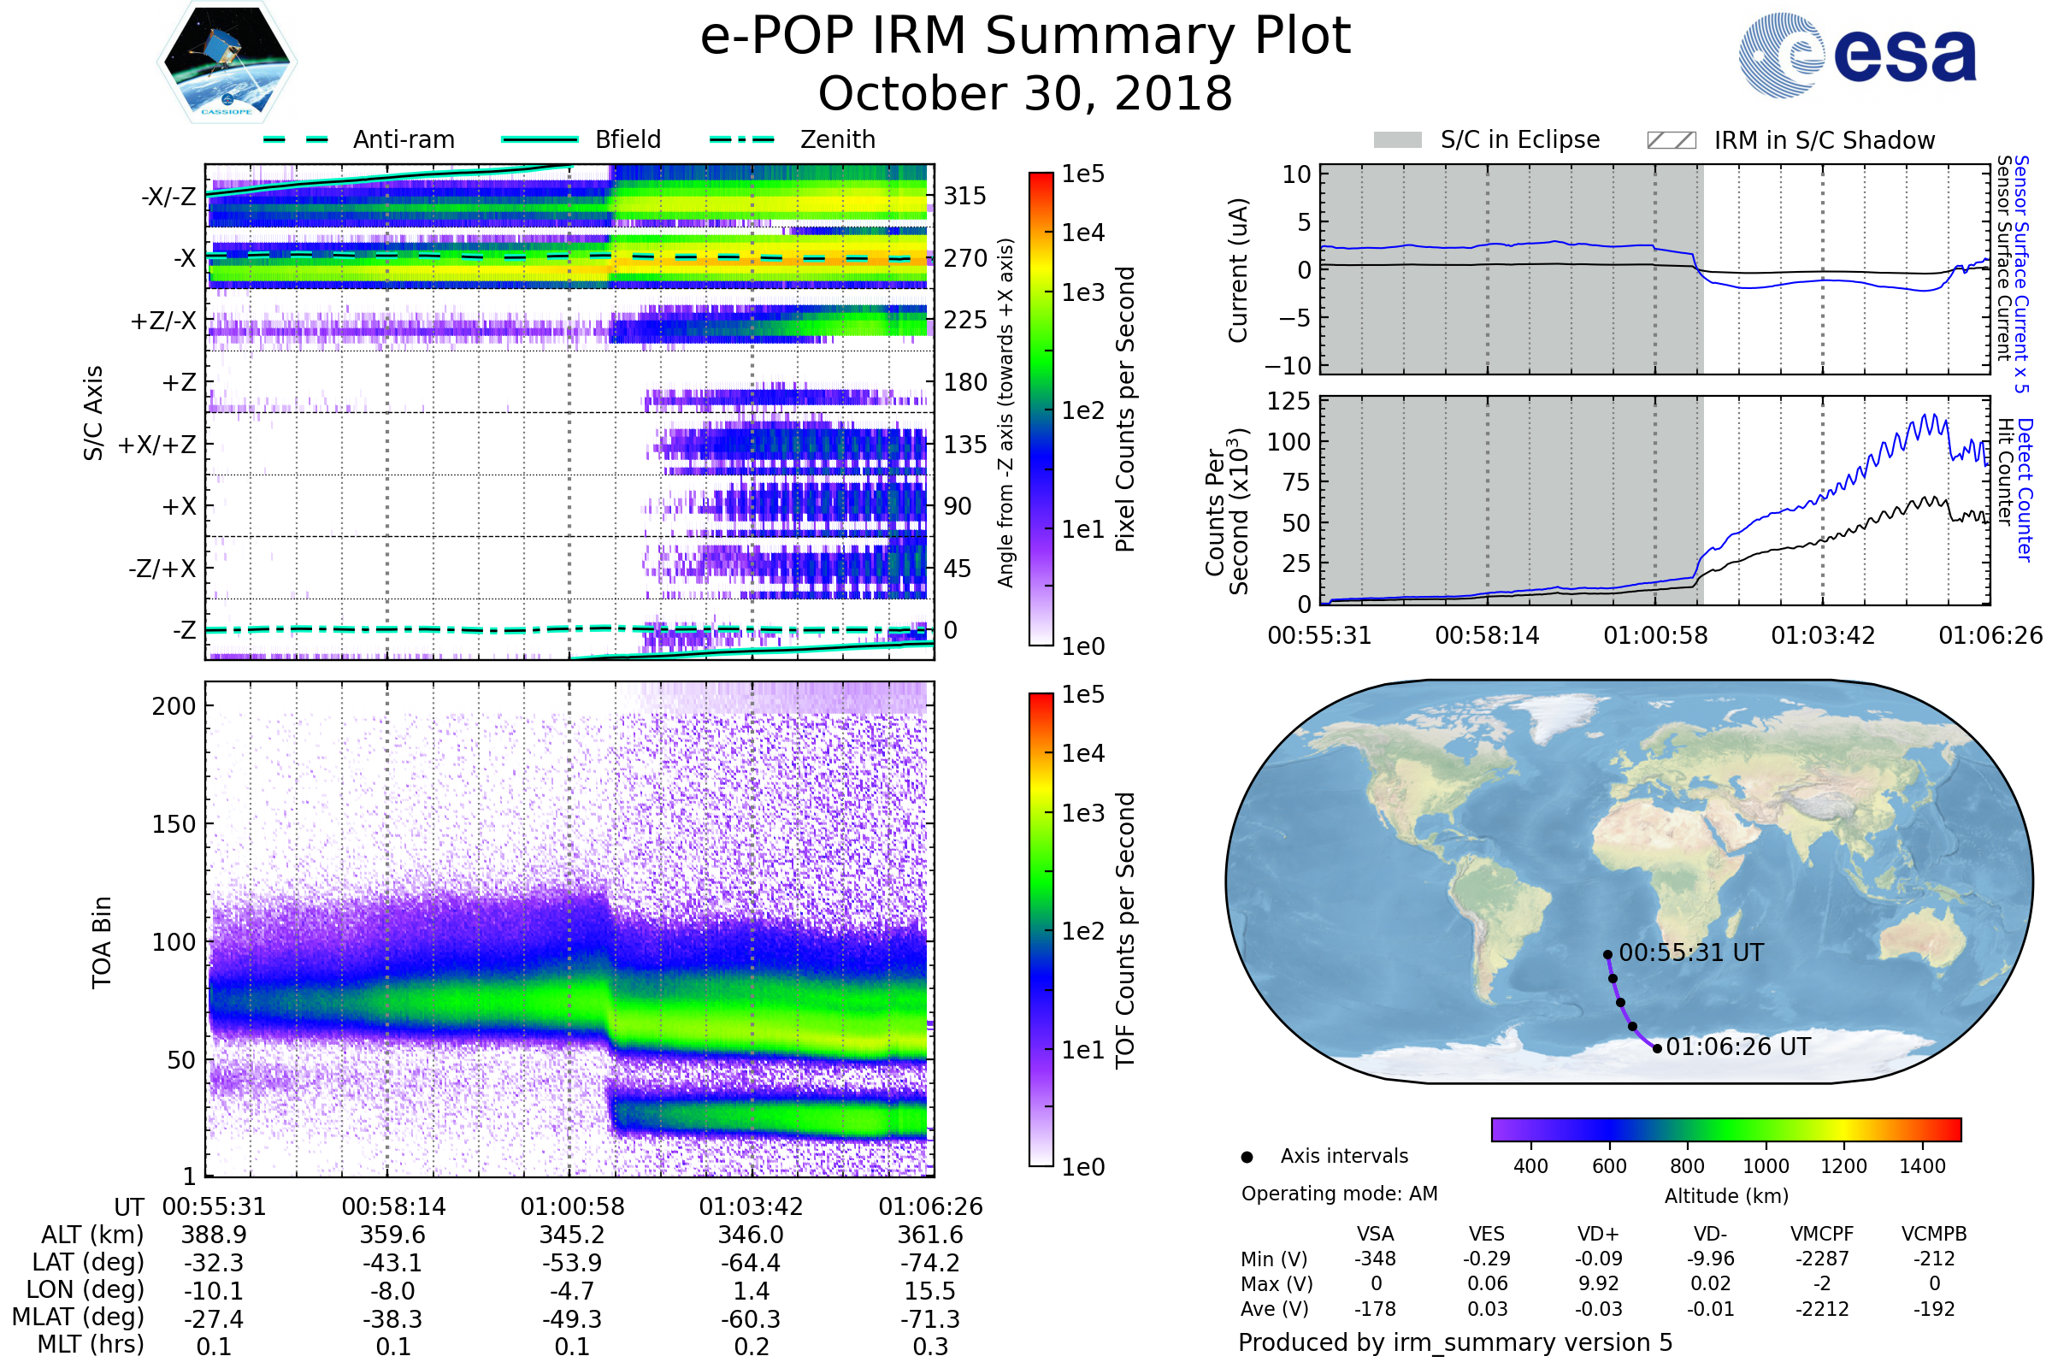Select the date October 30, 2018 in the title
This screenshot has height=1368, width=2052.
pyautogui.click(x=1025, y=93)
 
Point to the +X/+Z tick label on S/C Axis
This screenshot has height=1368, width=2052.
pyautogui.click(x=157, y=445)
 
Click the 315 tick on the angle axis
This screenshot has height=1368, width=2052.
pyautogui.click(x=965, y=196)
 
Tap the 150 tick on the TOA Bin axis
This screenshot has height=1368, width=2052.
pyautogui.click(x=174, y=823)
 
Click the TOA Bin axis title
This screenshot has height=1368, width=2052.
pyautogui.click(x=102, y=942)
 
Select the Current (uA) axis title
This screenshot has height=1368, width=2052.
pyautogui.click(x=1238, y=270)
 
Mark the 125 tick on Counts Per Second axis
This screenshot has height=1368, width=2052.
pyautogui.click(x=1288, y=401)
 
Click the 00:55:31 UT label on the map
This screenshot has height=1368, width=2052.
pyautogui.click(x=1691, y=952)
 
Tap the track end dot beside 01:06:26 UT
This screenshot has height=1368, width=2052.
pyautogui.click(x=1657, y=1048)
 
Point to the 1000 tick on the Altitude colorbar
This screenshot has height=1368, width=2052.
pyautogui.click(x=1766, y=1166)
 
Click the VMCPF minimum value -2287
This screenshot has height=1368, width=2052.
pyautogui.click(x=1822, y=1259)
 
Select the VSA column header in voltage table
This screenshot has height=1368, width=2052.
pyautogui.click(x=1375, y=1234)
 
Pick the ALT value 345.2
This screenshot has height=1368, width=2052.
pyautogui.click(x=572, y=1235)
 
